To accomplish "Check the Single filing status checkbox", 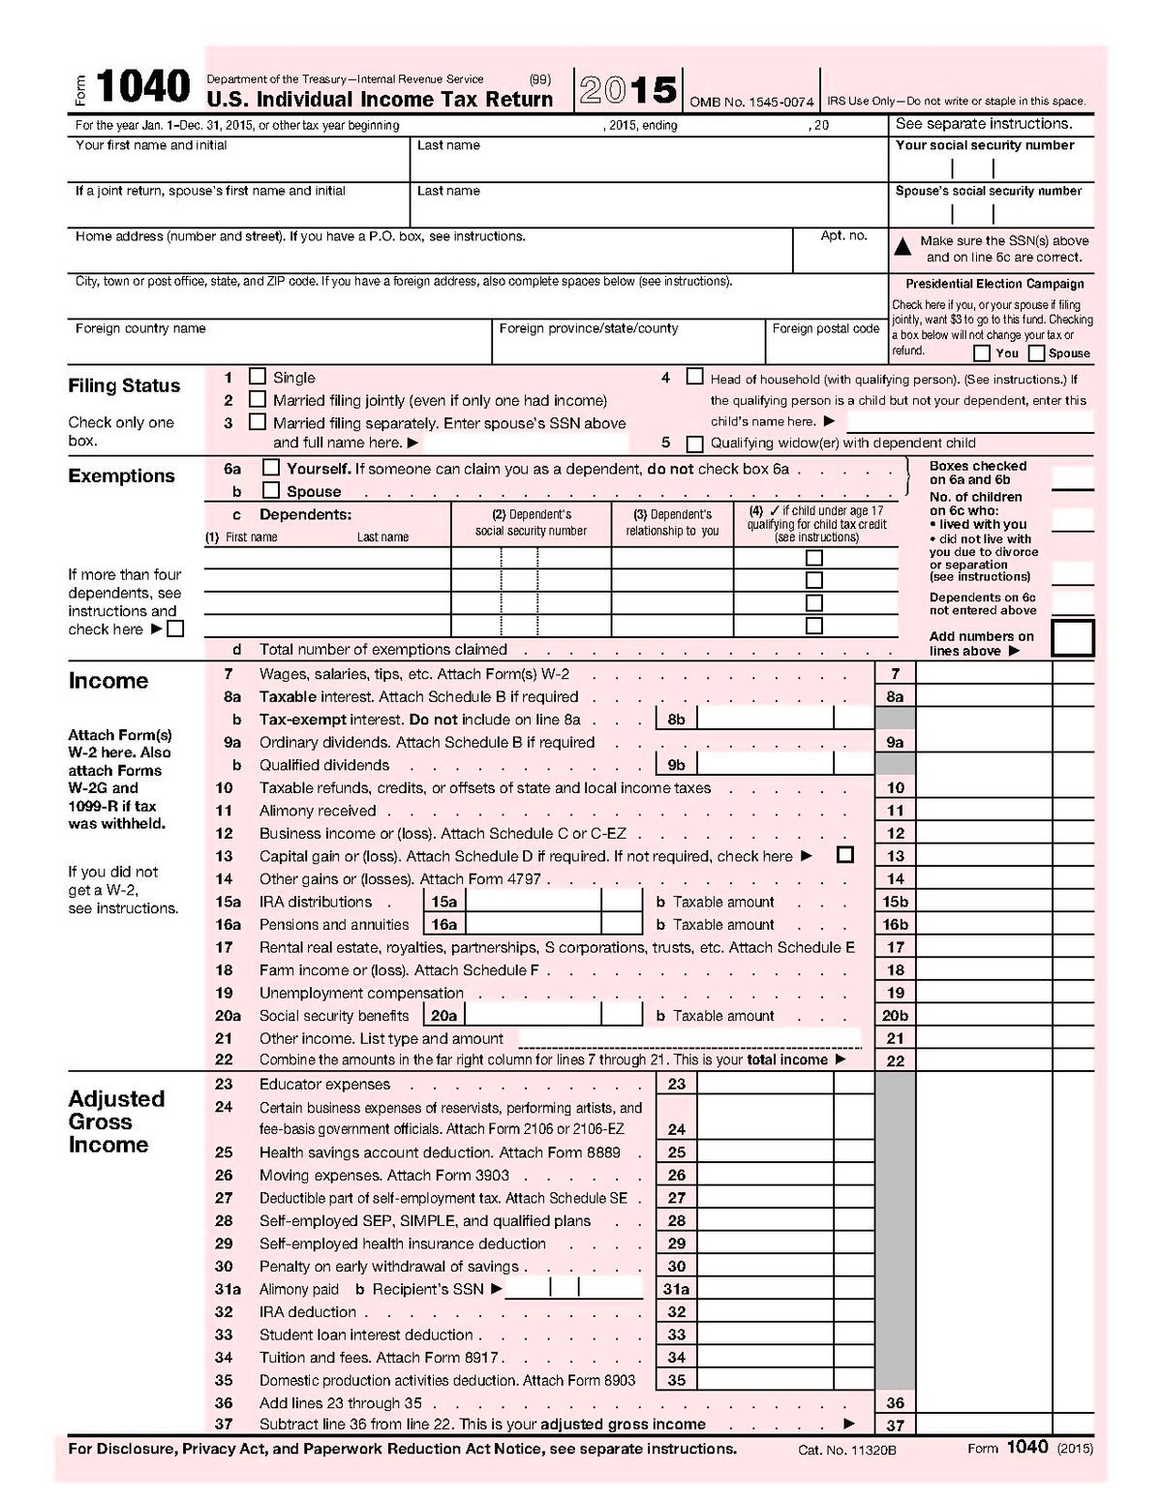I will click(x=258, y=376).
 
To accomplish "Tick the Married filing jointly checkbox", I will click(x=258, y=399).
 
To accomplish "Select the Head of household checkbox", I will click(x=694, y=377).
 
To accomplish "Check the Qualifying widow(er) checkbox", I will click(x=694, y=444).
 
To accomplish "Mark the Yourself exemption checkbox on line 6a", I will click(x=271, y=468).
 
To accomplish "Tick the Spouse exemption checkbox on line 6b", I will click(x=271, y=490).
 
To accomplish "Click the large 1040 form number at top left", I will click(x=142, y=87).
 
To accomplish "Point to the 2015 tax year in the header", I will click(x=628, y=91).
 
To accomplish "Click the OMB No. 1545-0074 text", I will click(x=751, y=102).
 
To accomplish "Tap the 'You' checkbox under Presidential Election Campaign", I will click(x=981, y=353).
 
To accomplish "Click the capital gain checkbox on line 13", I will click(x=845, y=855).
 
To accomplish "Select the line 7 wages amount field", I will click(x=983, y=673).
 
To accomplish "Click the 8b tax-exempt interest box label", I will click(x=676, y=719).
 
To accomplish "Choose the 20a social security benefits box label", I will click(x=443, y=1015).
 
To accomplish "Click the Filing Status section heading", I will click(x=124, y=385).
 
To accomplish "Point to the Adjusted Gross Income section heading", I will click(x=116, y=1121).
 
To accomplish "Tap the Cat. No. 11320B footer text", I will click(x=847, y=1450).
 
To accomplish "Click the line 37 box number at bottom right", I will click(x=895, y=1425).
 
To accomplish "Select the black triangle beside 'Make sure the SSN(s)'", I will click(x=902, y=247).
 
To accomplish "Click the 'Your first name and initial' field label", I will click(x=151, y=145).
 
